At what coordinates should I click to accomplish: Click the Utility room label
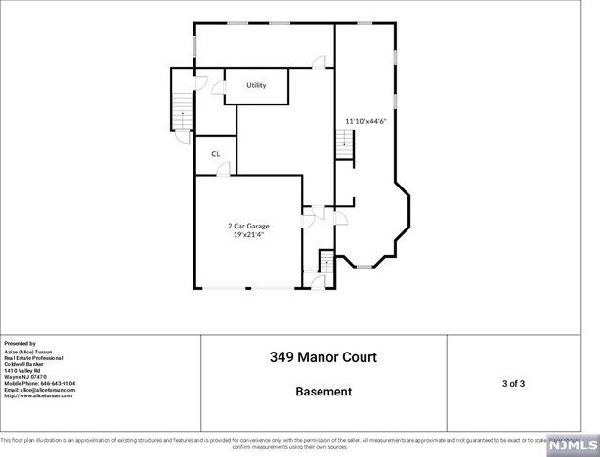[x=256, y=86]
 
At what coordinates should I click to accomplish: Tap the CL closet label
[x=215, y=153]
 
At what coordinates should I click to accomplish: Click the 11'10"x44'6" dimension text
[x=364, y=121]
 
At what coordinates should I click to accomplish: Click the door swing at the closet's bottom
[x=223, y=169]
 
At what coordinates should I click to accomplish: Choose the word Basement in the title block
[x=322, y=392]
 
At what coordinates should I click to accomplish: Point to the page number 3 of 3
[x=513, y=383]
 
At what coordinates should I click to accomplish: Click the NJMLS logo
[x=572, y=445]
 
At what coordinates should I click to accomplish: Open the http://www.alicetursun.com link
[x=38, y=395]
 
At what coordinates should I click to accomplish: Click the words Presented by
[x=20, y=344]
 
